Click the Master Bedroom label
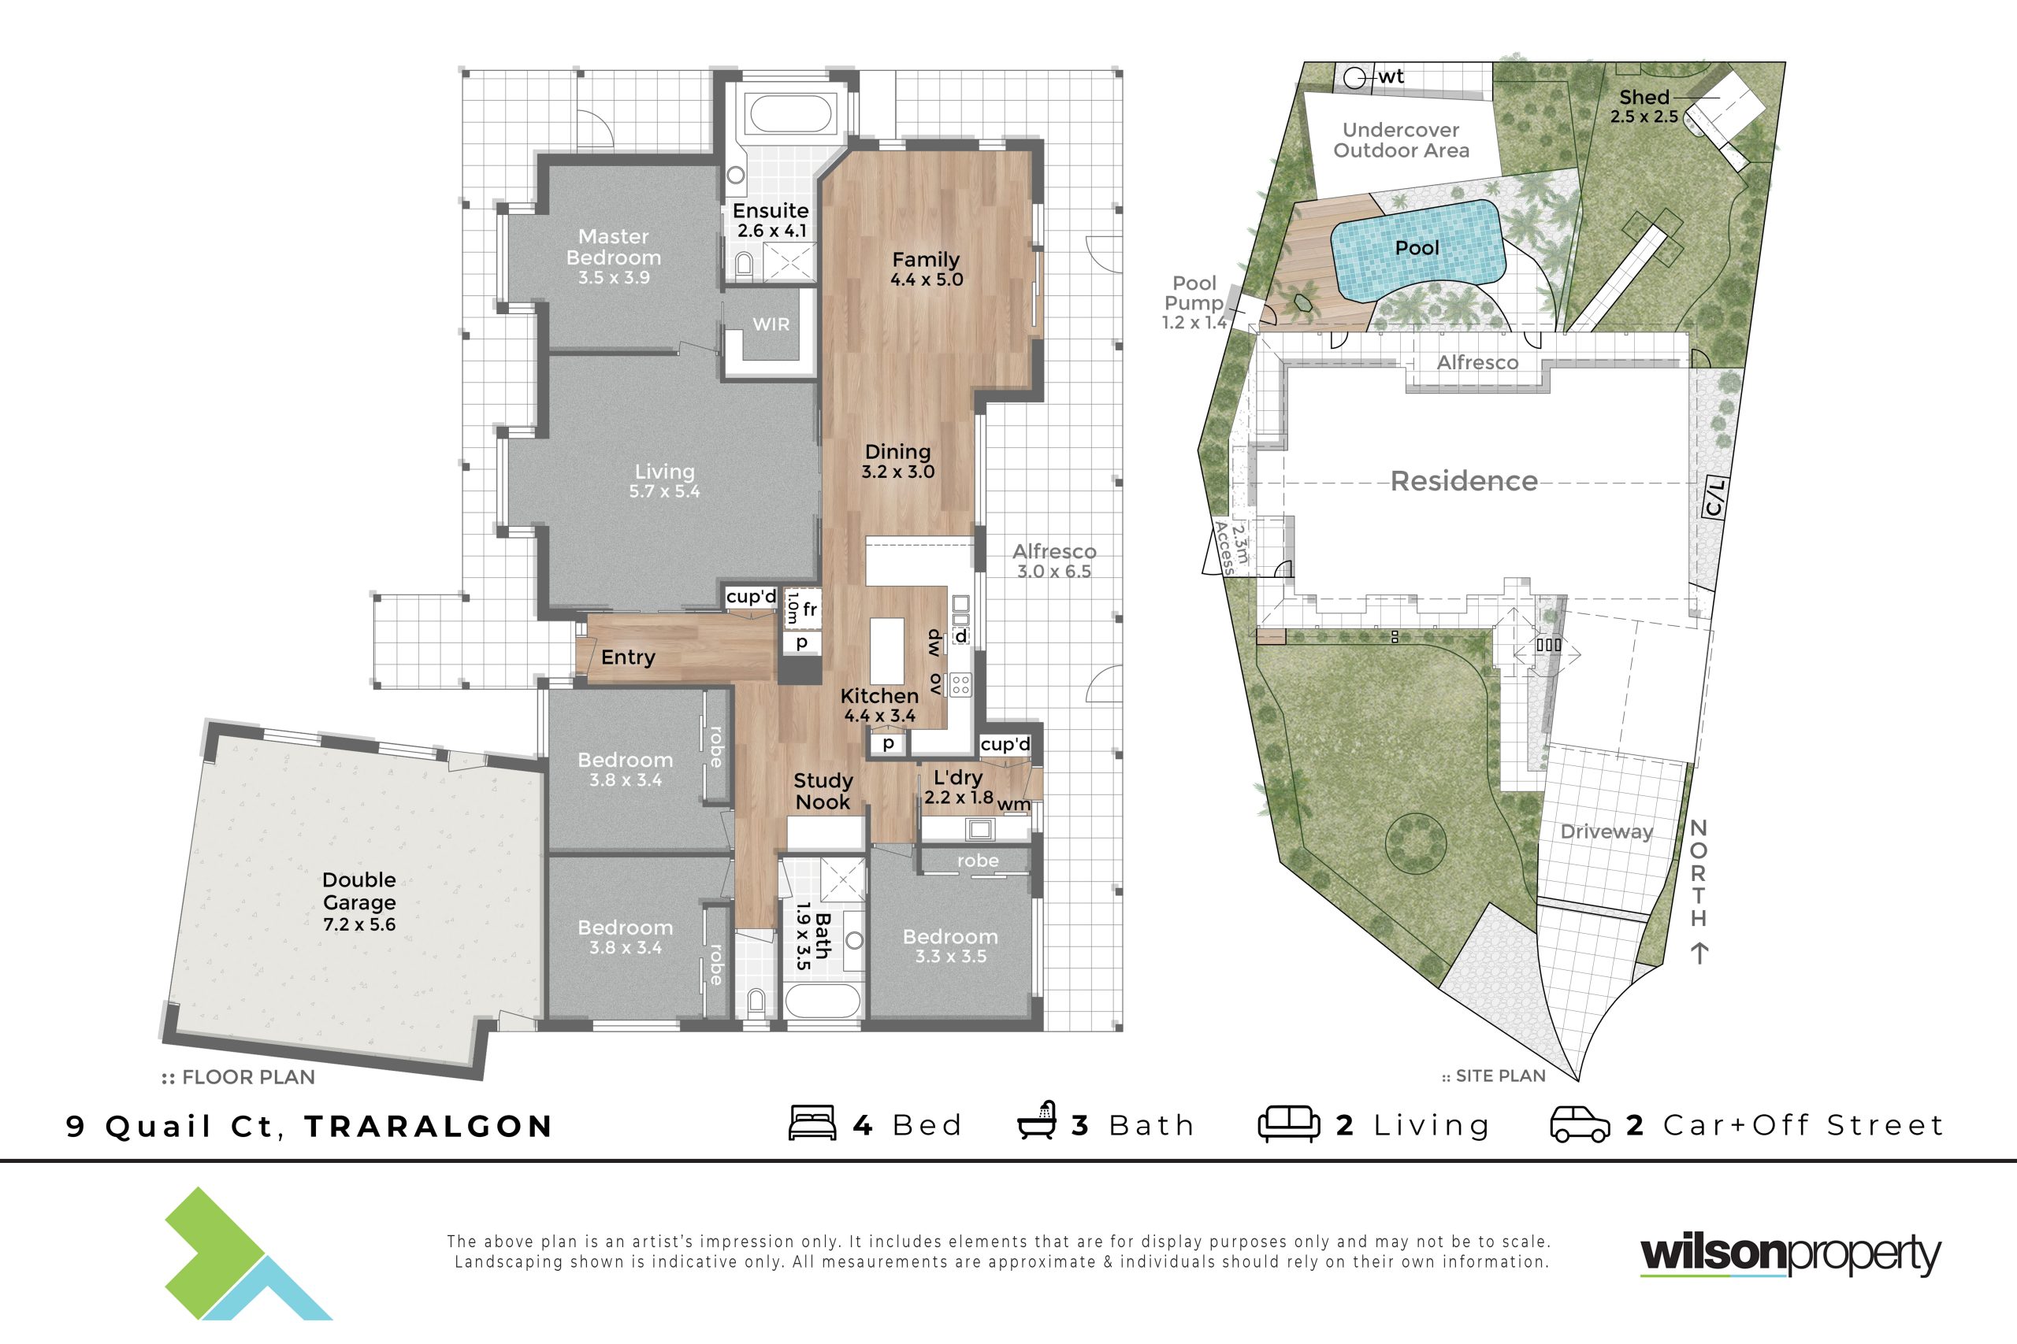613,247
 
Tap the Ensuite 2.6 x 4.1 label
770,220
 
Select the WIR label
771,324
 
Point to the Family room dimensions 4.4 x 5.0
927,280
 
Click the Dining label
897,452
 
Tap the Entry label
628,657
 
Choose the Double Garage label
359,890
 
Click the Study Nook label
823,791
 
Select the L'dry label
958,777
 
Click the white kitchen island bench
888,650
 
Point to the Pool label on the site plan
1417,248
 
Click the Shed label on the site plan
1644,97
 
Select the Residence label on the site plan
1464,481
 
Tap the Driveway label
1607,831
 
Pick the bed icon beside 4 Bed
812,1123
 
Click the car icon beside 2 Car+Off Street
1580,1124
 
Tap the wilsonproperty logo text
1790,1256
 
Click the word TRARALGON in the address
429,1126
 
